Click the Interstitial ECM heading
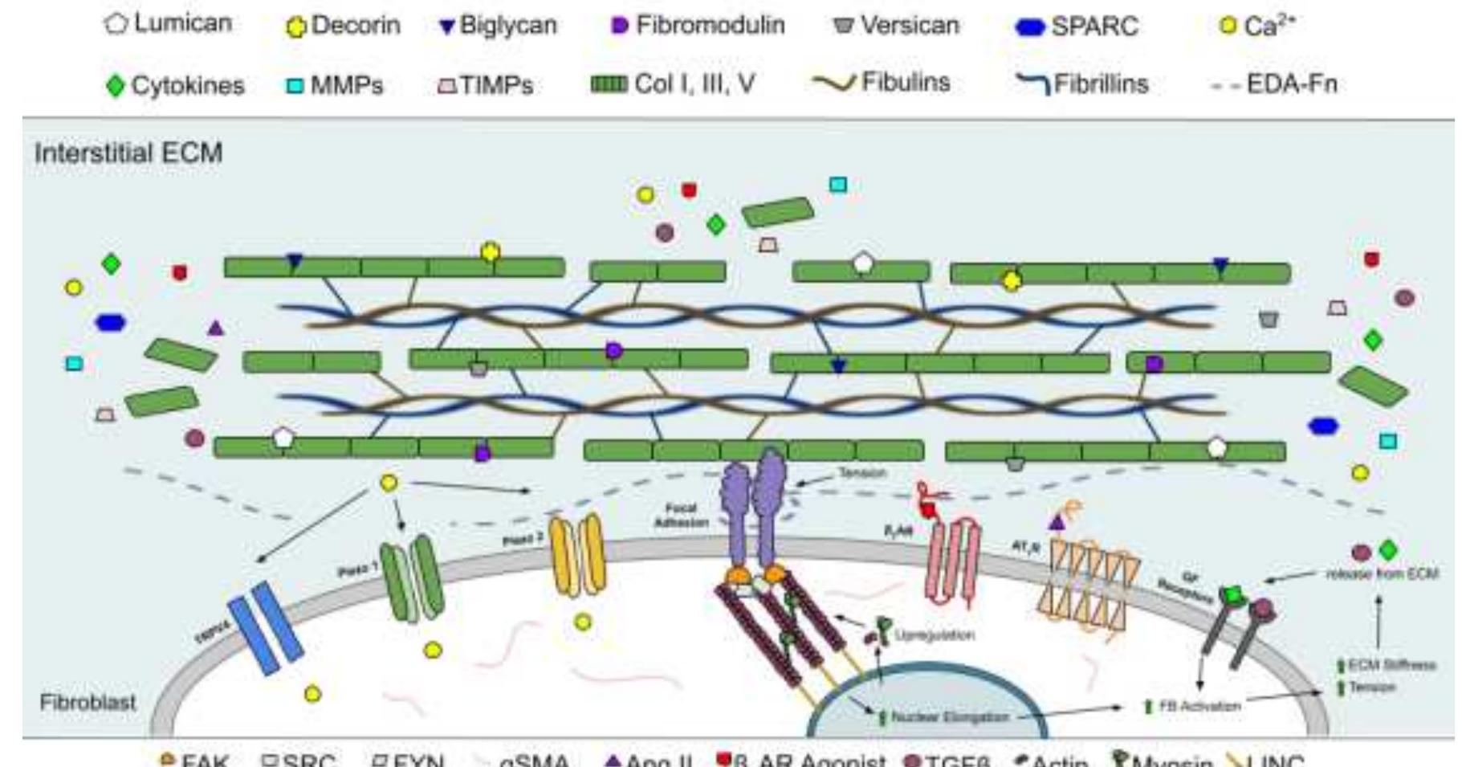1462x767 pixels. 128,153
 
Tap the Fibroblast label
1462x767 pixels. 88,702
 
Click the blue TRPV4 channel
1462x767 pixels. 265,627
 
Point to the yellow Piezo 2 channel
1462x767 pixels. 576,553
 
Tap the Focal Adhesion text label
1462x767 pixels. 681,515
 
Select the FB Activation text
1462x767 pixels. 1199,706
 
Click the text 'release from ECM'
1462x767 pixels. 1381,573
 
